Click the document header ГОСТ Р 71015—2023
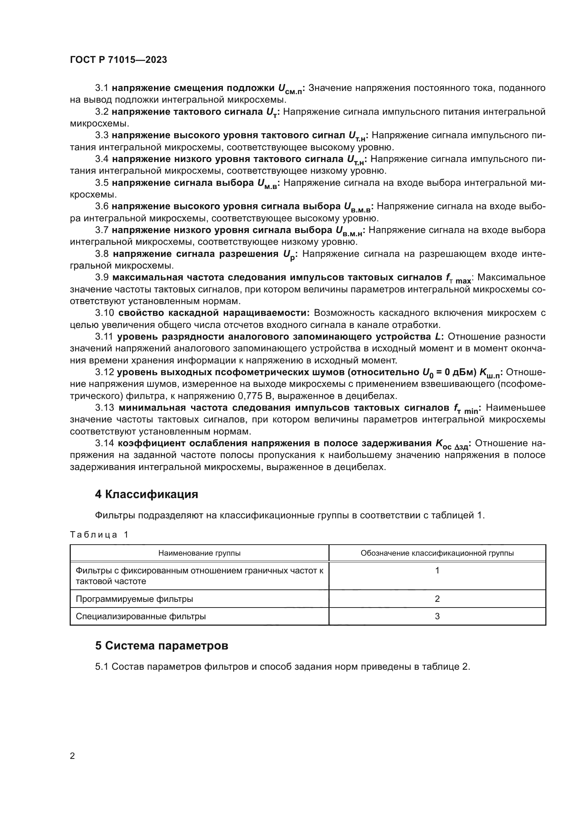[x=118, y=60]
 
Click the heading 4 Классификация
[x=146, y=494]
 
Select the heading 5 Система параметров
[x=161, y=646]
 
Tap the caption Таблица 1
[x=99, y=535]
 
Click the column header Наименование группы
[x=199, y=553]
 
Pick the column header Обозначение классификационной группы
[x=437, y=553]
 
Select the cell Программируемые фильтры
[x=134, y=599]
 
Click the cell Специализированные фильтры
[x=140, y=616]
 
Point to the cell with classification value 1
[x=437, y=571]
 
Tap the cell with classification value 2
[x=437, y=599]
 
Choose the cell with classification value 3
[x=437, y=616]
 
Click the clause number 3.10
[x=105, y=313]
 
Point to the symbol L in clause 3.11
[x=438, y=336]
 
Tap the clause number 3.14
[x=105, y=443]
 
